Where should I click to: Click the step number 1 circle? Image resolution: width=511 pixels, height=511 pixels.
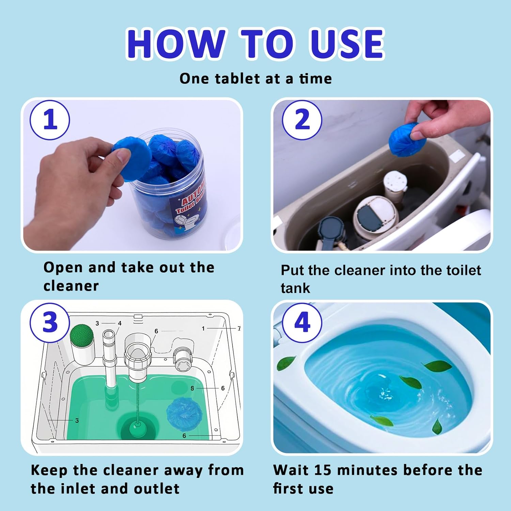(50, 120)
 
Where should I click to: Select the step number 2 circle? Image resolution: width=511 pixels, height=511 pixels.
(302, 120)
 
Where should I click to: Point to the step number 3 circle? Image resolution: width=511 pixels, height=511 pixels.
(50, 322)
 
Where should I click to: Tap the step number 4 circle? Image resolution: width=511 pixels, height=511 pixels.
(302, 322)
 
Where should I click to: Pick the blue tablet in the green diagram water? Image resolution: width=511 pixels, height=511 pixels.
(184, 414)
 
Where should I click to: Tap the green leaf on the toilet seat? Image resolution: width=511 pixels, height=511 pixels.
(286, 363)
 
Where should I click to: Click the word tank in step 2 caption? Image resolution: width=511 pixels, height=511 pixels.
(295, 288)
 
